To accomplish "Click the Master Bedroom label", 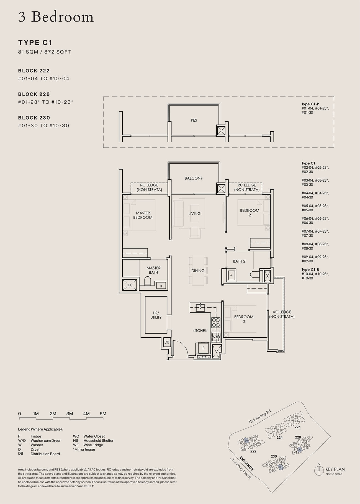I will tap(143, 215).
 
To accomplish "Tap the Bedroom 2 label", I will tap(250, 213).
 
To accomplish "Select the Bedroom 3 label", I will tap(244, 319).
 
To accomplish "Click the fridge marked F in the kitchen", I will tap(204, 348).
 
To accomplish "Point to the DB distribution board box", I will tap(167, 342).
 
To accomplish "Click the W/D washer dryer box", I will tap(216, 337).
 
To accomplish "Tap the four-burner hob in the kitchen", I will tap(216, 322).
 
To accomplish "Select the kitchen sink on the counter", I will tap(200, 307).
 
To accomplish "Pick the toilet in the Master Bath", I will tap(148, 282).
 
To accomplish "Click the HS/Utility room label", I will tap(156, 315).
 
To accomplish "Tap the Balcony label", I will tap(194, 178).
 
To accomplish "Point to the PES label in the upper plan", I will tap(194, 120).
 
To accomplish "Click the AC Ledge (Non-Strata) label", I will tap(282, 314).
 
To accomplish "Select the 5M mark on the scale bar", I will tap(103, 414).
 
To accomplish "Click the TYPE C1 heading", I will tap(35, 42).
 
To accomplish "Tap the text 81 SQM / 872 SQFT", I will tap(45, 52).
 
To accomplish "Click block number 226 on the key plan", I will tap(297, 427).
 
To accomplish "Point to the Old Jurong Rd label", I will tap(259, 417).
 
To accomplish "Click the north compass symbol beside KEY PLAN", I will tap(319, 469).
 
